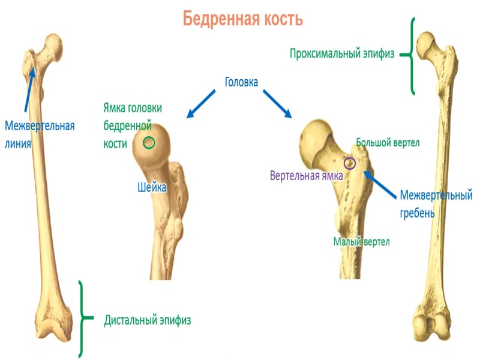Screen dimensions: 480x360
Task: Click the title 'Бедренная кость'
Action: [243, 19]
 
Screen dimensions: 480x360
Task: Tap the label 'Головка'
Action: [241, 82]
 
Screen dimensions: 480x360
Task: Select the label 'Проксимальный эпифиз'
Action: [342, 54]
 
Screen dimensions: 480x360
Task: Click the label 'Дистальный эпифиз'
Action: [148, 320]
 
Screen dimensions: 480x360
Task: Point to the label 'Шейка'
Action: [151, 188]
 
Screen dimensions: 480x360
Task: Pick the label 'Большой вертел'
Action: [388, 143]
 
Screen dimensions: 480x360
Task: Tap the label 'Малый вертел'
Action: [361, 242]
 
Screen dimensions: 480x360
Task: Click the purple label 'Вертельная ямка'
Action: [306, 176]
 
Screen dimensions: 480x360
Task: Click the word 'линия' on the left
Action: [17, 144]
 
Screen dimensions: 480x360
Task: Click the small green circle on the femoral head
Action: [149, 143]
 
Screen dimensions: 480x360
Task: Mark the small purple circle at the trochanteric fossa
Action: [349, 163]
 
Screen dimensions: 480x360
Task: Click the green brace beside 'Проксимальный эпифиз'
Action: [410, 55]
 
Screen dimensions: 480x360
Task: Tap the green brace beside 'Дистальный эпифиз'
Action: [85, 318]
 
